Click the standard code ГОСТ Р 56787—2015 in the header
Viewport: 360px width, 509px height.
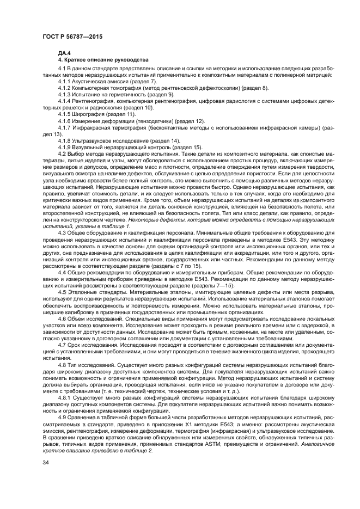pyautogui.click(x=72, y=36)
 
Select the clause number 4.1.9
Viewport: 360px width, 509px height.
pyautogui.click(x=65, y=147)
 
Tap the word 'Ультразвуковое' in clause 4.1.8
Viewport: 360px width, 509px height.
pyautogui.click(x=94, y=141)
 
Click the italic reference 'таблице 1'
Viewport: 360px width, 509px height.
pyautogui.click(x=119, y=226)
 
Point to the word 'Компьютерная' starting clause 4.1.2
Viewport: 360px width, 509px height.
pyautogui.click(x=93, y=87)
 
